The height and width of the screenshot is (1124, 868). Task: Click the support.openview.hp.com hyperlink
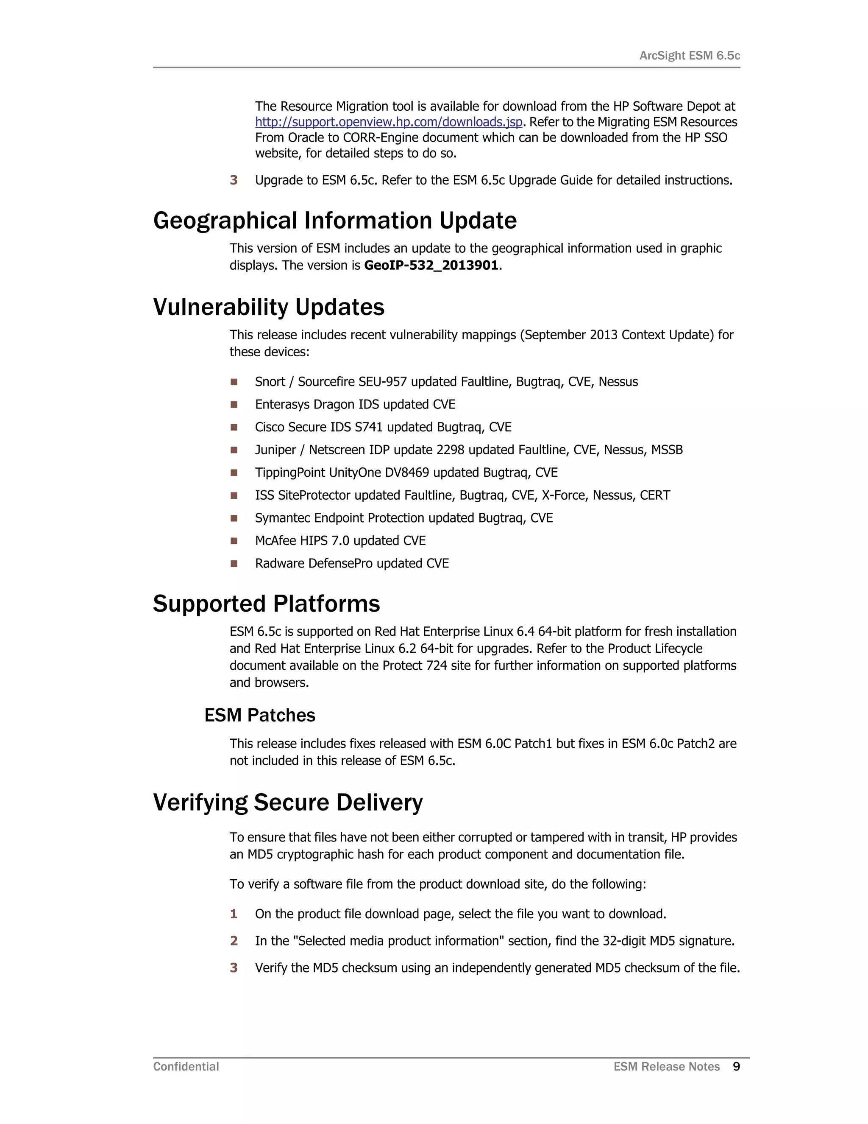pos(388,122)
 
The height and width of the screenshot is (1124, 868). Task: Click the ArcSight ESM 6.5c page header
pos(689,56)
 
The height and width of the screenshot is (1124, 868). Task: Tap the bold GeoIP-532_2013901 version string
pos(431,266)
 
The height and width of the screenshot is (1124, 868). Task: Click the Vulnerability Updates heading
pos(268,307)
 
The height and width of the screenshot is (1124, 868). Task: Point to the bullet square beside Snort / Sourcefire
pos(234,382)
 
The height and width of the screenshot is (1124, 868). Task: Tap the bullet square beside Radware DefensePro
pos(234,564)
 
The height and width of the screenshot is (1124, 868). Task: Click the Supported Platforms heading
pos(266,604)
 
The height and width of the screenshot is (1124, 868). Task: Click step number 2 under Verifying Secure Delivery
pos(234,941)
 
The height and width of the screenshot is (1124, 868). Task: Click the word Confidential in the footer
pos(186,1067)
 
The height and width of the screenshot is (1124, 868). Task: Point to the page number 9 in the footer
pos(736,1067)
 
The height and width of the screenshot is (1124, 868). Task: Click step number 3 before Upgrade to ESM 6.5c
pos(234,180)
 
